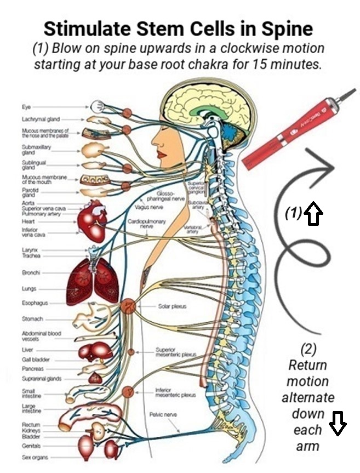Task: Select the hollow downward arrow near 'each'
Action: click(338, 425)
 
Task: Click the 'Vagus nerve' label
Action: click(145, 208)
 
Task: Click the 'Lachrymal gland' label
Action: click(38, 118)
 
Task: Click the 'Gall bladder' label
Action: click(35, 359)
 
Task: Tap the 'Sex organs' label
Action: click(33, 457)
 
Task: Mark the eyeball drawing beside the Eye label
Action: click(99, 106)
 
